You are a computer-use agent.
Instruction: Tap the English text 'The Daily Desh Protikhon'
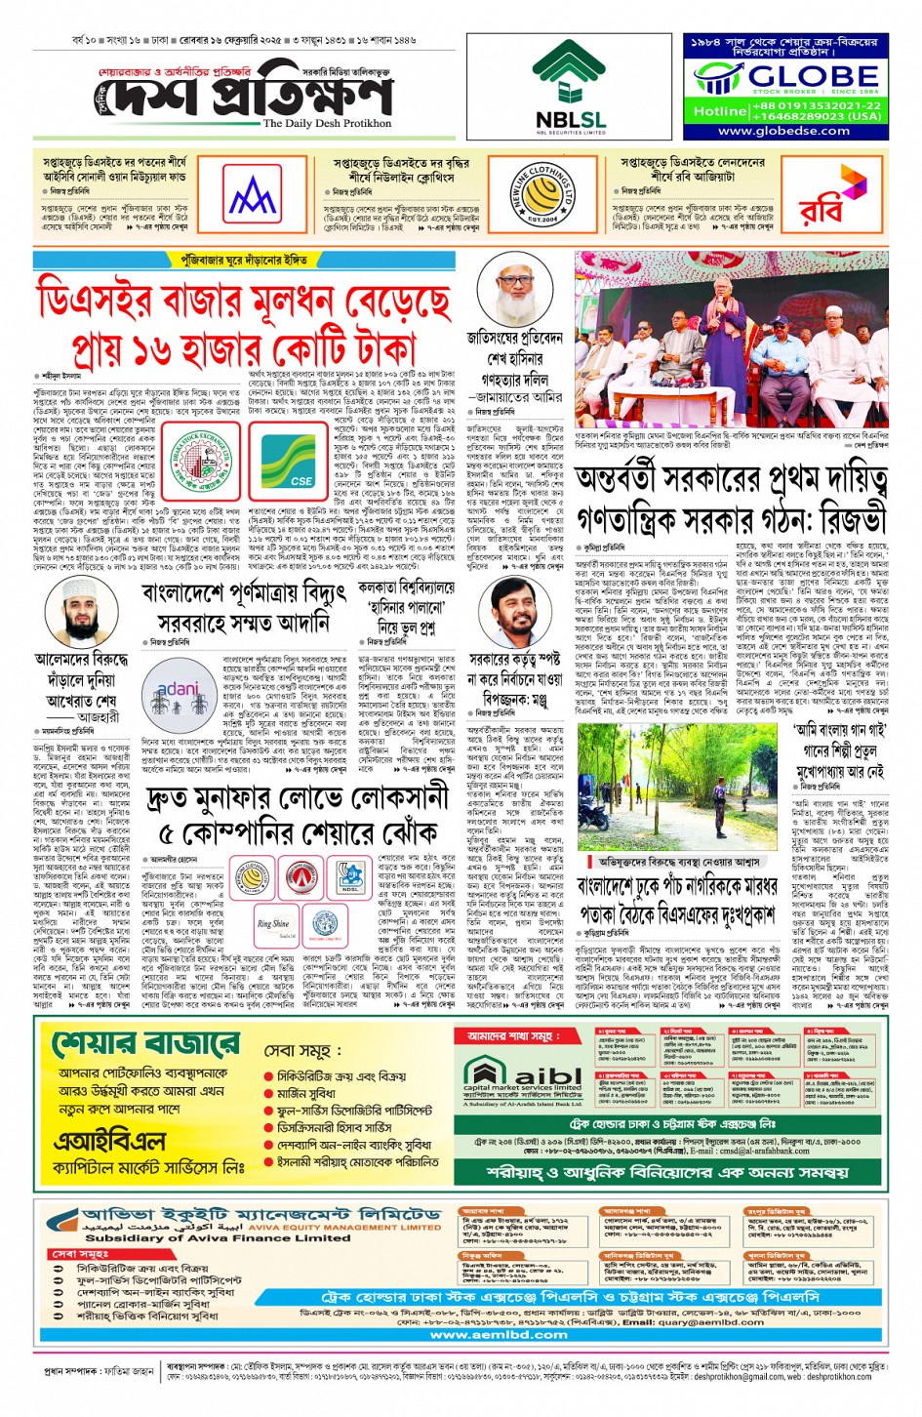click(x=327, y=124)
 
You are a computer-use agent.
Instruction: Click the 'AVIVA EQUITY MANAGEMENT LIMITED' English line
click(x=344, y=1227)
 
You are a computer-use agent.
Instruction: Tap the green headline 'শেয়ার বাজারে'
click(x=144, y=1043)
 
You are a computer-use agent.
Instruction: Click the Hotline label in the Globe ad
click(x=719, y=111)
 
